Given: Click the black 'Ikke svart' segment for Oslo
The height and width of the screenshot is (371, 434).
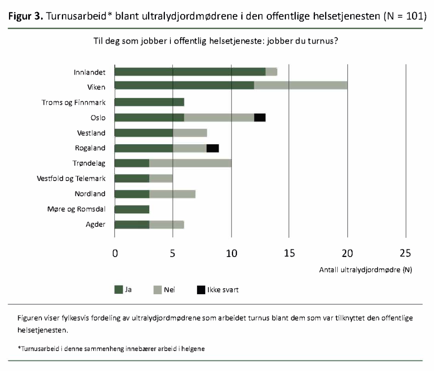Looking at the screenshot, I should click(x=260, y=118).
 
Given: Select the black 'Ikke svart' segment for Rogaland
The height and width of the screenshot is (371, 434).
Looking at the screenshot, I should click(x=213, y=148).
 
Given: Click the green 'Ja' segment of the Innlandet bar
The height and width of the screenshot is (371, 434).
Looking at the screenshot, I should click(x=190, y=72).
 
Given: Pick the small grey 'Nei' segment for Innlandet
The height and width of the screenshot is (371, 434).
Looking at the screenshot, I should click(x=271, y=72).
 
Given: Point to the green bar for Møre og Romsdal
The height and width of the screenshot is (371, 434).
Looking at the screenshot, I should click(x=132, y=209).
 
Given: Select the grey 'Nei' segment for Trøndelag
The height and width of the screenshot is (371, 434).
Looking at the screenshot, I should click(x=190, y=164).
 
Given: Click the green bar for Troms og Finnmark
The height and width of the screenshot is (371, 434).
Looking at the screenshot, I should click(x=149, y=103).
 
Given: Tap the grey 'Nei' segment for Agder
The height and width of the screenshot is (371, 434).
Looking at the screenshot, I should click(x=167, y=225).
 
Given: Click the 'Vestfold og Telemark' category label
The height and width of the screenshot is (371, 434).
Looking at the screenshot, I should click(x=71, y=179).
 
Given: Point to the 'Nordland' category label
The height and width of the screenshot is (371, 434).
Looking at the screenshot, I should click(x=90, y=194).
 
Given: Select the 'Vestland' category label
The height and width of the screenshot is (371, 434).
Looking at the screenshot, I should click(x=91, y=133).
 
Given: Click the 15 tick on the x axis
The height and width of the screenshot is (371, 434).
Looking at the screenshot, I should click(x=289, y=254).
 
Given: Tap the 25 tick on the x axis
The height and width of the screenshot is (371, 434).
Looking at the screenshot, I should click(x=406, y=254).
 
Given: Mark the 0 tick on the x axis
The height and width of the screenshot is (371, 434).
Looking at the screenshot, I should click(x=115, y=254).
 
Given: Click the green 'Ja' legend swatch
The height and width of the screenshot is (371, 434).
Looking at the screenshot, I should click(x=119, y=290).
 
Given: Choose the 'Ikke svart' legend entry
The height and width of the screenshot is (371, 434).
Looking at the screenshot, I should click(x=220, y=290).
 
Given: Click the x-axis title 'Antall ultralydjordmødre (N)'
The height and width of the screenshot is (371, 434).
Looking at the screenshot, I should click(x=365, y=270).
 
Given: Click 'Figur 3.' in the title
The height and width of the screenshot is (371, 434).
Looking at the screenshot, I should click(x=25, y=17).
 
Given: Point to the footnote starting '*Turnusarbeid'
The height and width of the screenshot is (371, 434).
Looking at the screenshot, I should click(x=111, y=349).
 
